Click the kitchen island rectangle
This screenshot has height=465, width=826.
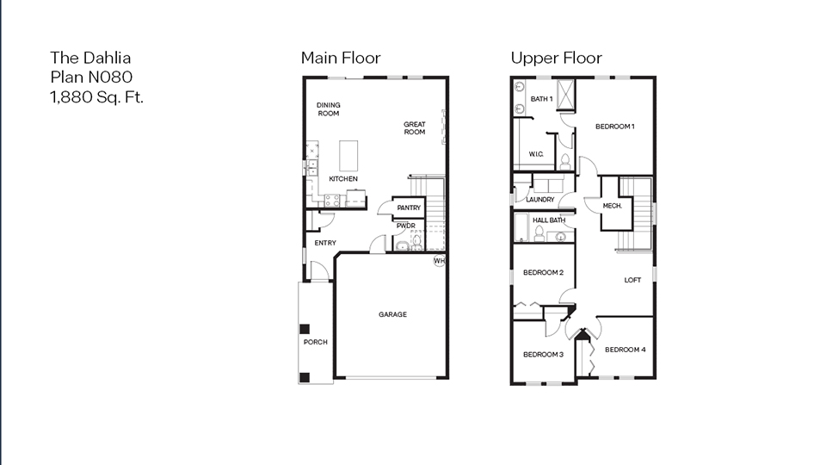[x=350, y=156]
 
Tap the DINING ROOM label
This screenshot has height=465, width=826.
[x=328, y=109]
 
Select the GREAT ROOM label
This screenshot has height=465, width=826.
[x=415, y=128]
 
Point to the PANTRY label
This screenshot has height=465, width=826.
[x=408, y=208]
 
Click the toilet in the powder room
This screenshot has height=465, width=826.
[x=417, y=243]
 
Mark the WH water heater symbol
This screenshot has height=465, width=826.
[x=439, y=261]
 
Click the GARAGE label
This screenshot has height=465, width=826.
[x=392, y=314]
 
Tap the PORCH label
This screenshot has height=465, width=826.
[x=315, y=342]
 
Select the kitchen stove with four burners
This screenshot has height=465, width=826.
[x=332, y=200]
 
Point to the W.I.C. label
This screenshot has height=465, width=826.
[x=536, y=154]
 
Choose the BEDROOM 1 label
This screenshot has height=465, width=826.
[x=615, y=127]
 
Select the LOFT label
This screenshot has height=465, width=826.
[x=632, y=280]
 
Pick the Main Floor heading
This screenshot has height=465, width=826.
[x=340, y=58]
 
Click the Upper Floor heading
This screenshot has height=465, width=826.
[x=556, y=58]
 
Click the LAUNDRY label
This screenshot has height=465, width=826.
[x=539, y=199]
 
